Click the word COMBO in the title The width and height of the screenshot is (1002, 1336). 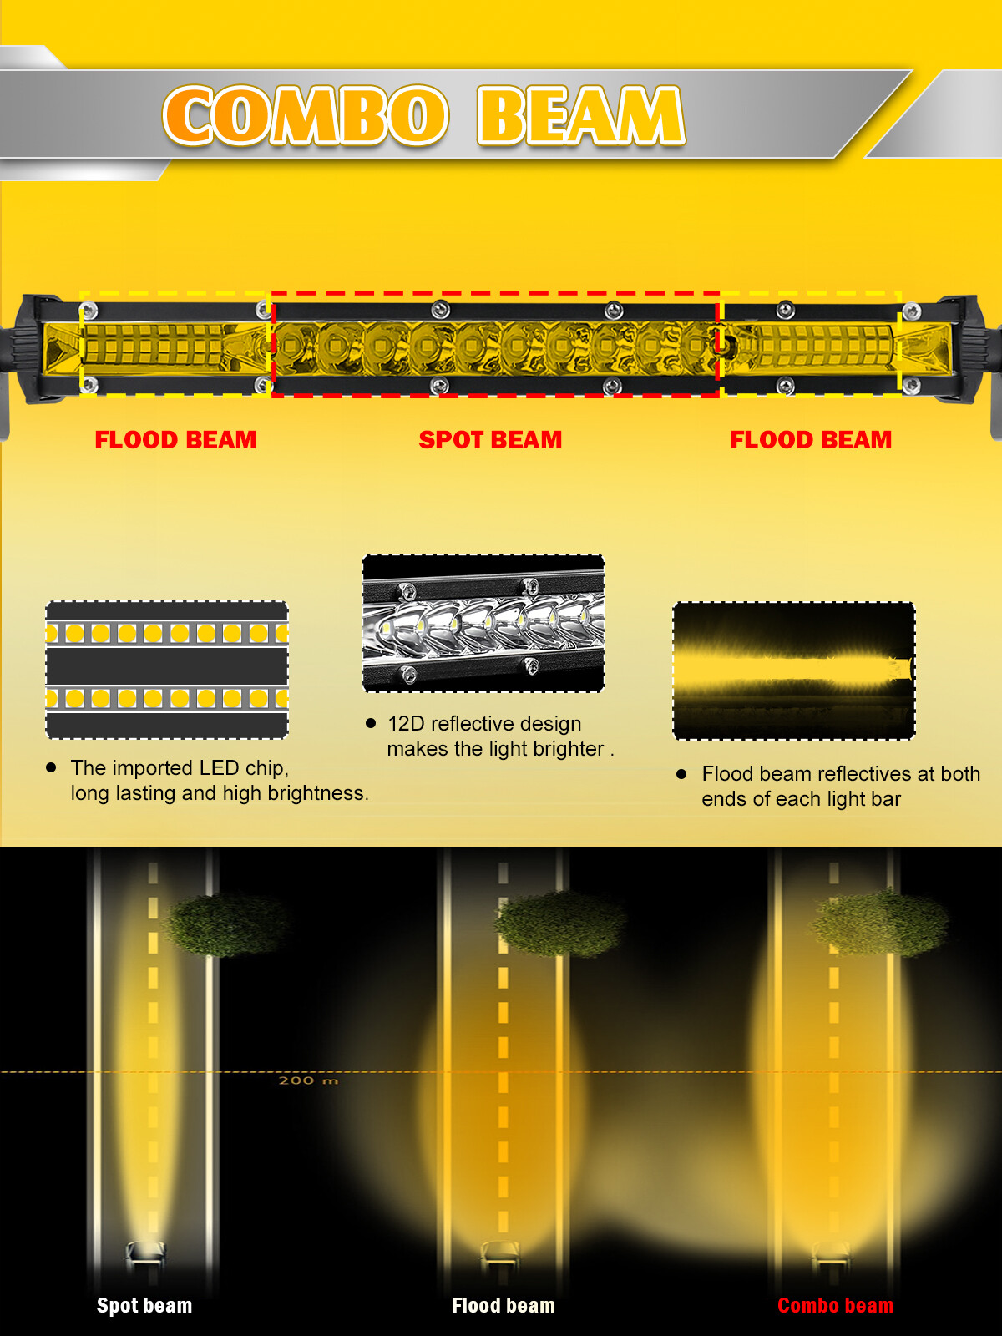[306, 116]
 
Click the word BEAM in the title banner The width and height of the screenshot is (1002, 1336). [581, 116]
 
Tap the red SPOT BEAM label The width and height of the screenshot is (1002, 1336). [490, 440]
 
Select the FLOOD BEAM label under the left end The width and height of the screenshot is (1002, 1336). [175, 440]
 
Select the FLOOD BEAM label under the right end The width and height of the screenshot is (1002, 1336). [811, 440]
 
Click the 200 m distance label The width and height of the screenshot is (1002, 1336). [308, 1080]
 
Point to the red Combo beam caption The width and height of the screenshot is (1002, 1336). [835, 1306]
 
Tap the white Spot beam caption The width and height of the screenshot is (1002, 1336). [144, 1306]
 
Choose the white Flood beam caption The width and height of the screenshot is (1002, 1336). [504, 1306]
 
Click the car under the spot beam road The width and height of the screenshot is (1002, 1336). [144, 1252]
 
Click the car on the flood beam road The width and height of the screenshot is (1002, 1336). [501, 1252]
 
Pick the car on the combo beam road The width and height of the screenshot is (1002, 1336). [831, 1252]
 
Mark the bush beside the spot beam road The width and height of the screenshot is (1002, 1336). [227, 925]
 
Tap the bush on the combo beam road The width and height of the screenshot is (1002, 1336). [880, 923]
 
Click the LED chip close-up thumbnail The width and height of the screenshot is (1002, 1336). [167, 670]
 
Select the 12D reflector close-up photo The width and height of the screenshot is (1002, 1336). [483, 623]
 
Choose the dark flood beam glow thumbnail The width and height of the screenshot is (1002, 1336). [794, 671]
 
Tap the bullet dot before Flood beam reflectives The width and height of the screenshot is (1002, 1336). [681, 774]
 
